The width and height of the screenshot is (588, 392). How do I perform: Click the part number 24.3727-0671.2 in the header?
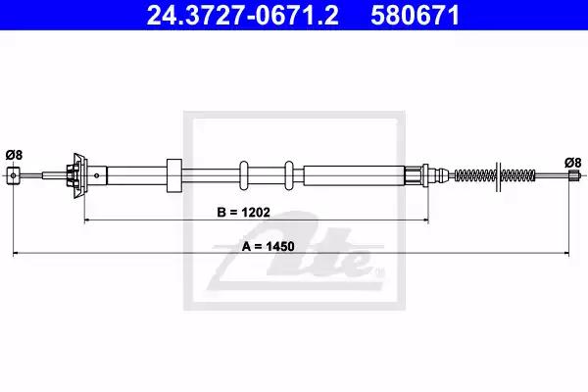coord(243,16)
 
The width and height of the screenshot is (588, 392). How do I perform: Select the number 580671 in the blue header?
coord(416,16)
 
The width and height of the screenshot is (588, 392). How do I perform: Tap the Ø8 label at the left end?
coord(15,155)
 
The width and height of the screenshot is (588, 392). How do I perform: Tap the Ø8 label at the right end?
coord(573,163)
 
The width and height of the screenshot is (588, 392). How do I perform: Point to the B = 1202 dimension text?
coord(243,213)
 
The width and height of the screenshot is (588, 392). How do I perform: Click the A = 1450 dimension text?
coord(268,246)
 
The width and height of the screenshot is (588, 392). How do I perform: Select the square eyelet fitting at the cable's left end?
coord(14,175)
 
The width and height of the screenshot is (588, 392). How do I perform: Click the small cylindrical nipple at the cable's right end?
coord(573,175)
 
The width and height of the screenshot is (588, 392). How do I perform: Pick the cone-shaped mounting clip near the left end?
coord(79,175)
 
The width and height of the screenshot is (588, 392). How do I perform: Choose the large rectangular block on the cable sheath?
coord(174,175)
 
